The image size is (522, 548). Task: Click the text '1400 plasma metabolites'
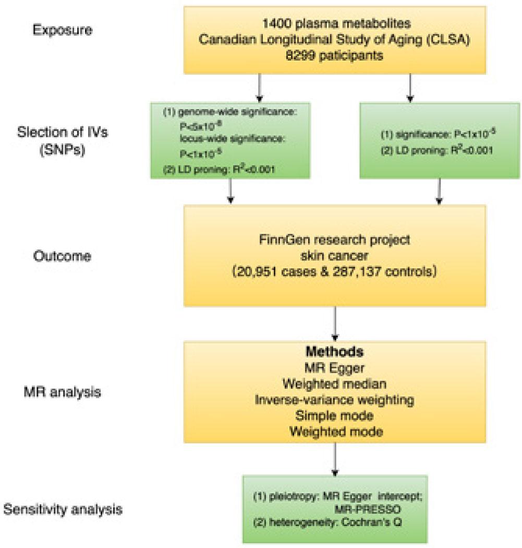[334, 24]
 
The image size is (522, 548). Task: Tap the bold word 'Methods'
[334, 351]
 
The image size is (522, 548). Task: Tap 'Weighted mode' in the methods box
[334, 432]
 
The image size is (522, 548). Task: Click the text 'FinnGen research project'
[334, 241]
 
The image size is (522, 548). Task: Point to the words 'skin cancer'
[334, 257]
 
